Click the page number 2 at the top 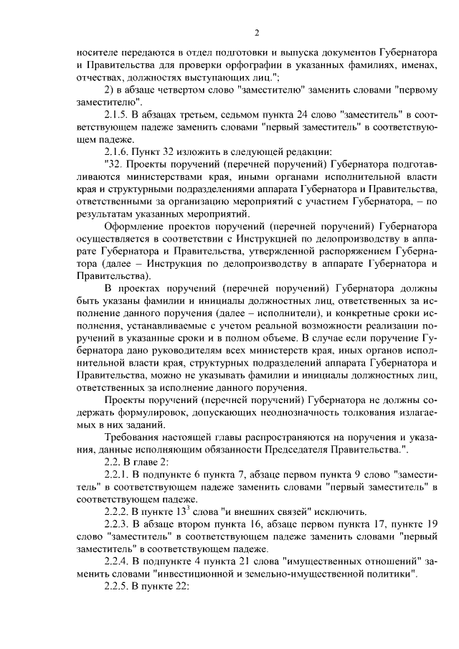[x=256, y=32]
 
